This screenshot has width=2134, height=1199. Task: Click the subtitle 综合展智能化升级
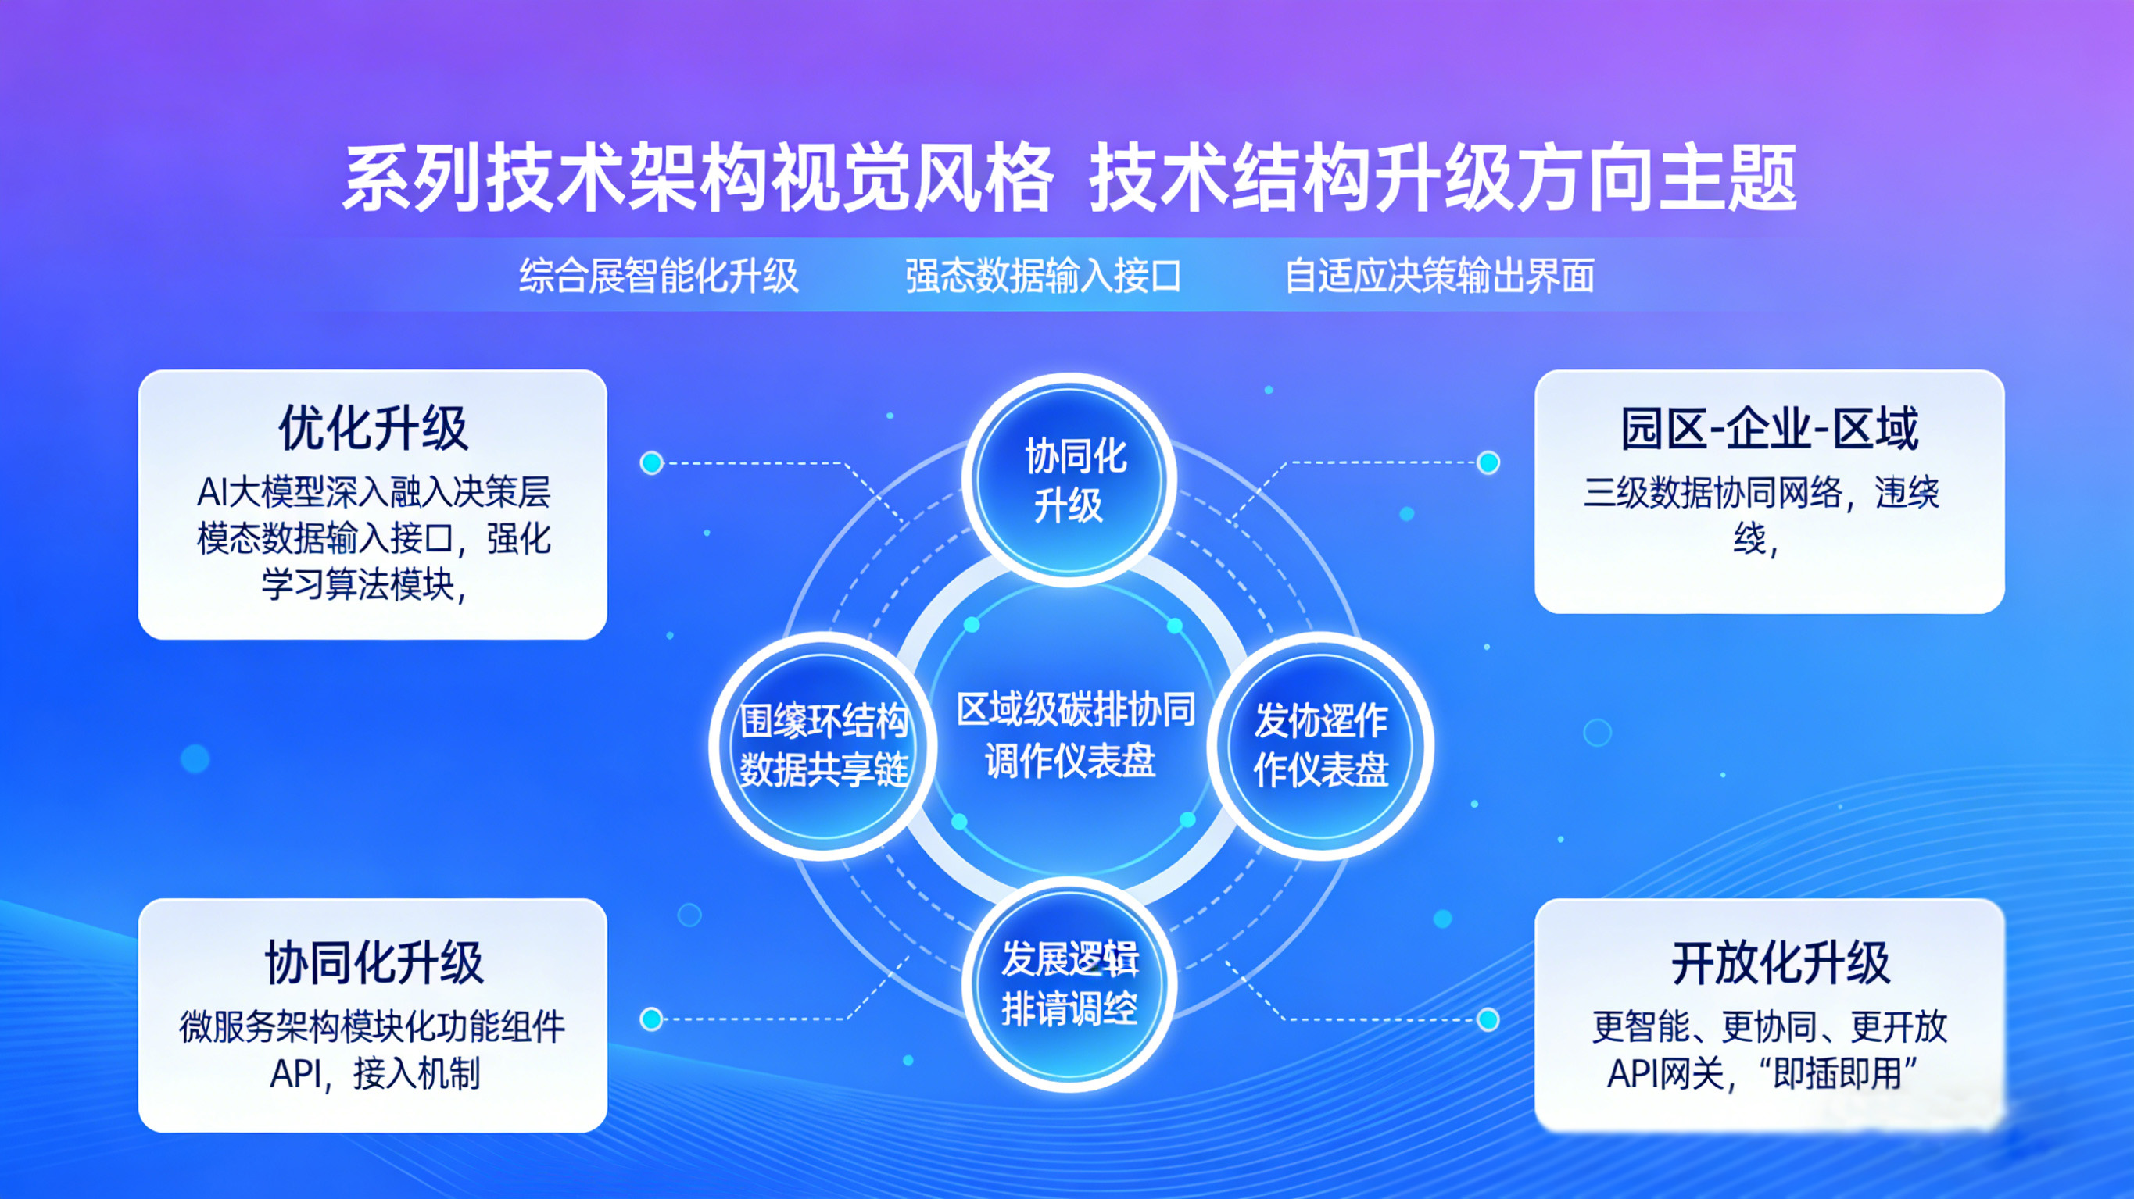(x=659, y=276)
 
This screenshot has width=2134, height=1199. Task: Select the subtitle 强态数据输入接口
(x=1043, y=276)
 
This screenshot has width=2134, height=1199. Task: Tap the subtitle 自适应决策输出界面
(x=1440, y=276)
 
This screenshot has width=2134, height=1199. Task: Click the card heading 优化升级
(x=373, y=429)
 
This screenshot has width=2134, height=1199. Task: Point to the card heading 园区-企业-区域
(x=1770, y=429)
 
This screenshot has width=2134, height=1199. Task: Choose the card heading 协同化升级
(x=374, y=963)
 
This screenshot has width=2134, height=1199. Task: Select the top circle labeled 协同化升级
(x=1069, y=480)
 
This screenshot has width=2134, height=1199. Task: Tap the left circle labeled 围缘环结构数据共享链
(x=823, y=745)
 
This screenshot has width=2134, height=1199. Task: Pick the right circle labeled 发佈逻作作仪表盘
(x=1320, y=745)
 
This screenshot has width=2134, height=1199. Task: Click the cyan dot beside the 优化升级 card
(x=652, y=463)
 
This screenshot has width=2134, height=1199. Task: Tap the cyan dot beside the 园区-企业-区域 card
(x=1488, y=462)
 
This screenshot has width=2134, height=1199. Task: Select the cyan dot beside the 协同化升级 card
(x=652, y=1019)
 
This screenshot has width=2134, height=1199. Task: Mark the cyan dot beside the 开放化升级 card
(x=1488, y=1019)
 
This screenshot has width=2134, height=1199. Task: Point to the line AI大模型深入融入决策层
(x=374, y=493)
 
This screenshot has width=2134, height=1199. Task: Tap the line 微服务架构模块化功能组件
(x=373, y=1028)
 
